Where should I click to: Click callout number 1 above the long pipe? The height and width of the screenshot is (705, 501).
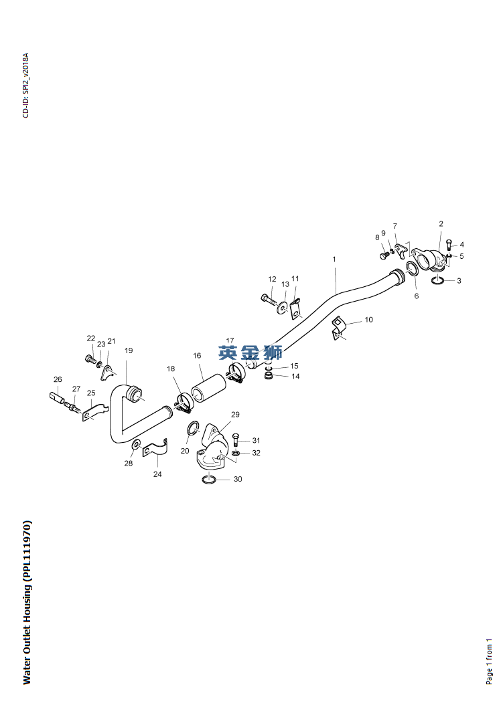[x=334, y=259]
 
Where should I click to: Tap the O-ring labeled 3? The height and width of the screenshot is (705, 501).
[x=437, y=280]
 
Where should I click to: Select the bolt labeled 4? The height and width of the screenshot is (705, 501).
[x=449, y=246]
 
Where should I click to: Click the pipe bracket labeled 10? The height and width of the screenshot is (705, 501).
[x=338, y=328]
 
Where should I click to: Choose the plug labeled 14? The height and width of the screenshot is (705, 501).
[x=269, y=375]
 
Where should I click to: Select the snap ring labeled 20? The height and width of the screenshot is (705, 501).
[x=193, y=428]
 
